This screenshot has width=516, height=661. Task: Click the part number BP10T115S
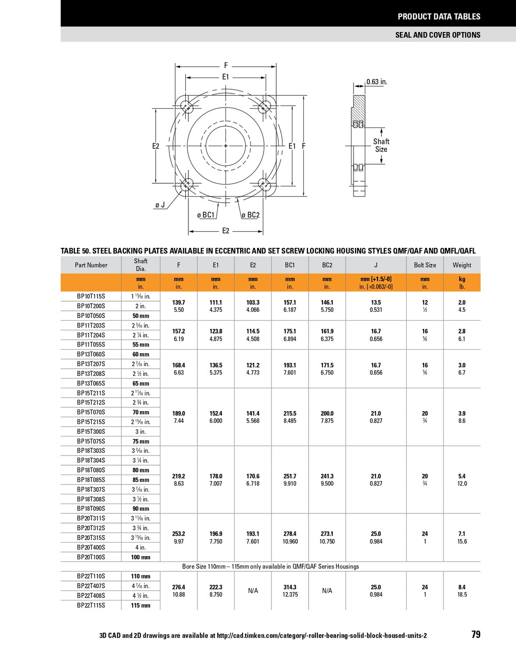pos(91,296)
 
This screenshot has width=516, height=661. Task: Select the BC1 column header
pos(290,265)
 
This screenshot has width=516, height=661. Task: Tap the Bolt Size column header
pos(425,265)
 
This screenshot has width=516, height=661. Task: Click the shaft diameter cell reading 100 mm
pos(141,557)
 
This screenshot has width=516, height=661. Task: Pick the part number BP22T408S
pos(91,595)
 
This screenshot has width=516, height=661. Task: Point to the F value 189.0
pos(179,414)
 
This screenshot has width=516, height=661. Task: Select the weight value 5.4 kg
pos(462,476)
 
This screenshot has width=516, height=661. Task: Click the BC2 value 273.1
pos(327,534)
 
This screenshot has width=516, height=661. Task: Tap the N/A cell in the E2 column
pos(253,591)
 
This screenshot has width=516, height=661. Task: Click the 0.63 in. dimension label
pos(377,82)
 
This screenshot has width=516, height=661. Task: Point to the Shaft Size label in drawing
pos(381,145)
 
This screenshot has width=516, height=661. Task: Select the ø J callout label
pos(160,205)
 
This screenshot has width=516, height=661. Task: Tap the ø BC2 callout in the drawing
pos(251,215)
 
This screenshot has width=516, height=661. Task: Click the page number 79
pos(476,635)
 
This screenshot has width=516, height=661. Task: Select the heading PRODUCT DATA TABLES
pos(439,17)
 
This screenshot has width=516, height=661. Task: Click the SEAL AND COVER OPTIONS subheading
pos(438,35)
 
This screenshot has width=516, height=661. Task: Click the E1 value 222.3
pos(216,587)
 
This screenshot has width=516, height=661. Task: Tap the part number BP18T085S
pos(91,480)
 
